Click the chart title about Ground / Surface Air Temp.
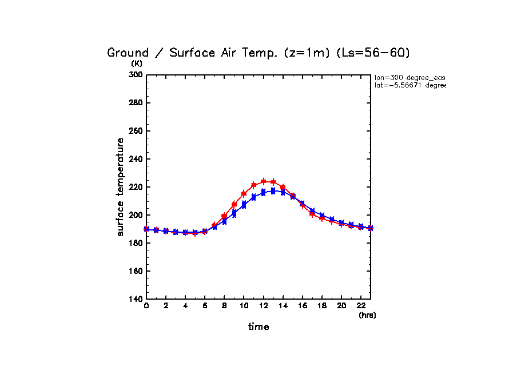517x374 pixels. (x=258, y=53)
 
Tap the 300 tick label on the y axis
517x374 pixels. (x=136, y=75)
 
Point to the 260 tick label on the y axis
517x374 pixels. (x=136, y=131)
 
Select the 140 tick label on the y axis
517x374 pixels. (x=136, y=299)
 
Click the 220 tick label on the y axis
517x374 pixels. (x=136, y=187)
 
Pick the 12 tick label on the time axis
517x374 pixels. (x=263, y=307)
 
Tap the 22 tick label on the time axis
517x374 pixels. (x=360, y=307)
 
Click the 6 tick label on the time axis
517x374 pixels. (x=205, y=307)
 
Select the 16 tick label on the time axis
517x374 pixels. (x=302, y=307)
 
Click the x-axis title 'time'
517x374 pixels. (x=258, y=327)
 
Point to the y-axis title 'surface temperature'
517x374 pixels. (x=121, y=187)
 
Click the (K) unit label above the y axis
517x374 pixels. (x=137, y=63)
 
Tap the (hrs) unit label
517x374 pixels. (x=367, y=315)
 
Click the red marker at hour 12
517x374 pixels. (x=263, y=181)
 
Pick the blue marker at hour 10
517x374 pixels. (x=244, y=205)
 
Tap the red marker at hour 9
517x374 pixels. (x=234, y=204)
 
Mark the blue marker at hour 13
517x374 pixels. (x=273, y=191)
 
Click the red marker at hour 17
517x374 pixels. (x=312, y=213)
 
